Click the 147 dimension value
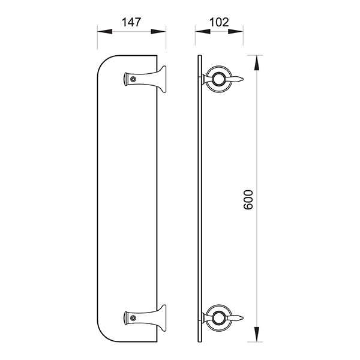(x=131, y=22)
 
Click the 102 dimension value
(x=219, y=22)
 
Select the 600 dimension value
(x=248, y=200)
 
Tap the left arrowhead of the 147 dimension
(x=104, y=32)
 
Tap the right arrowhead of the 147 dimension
(x=158, y=32)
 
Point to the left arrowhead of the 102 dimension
(x=203, y=31)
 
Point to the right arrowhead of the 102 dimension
(x=236, y=31)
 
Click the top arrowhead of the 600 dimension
(x=257, y=62)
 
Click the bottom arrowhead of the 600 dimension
(x=257, y=334)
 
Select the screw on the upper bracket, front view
(x=133, y=79)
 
